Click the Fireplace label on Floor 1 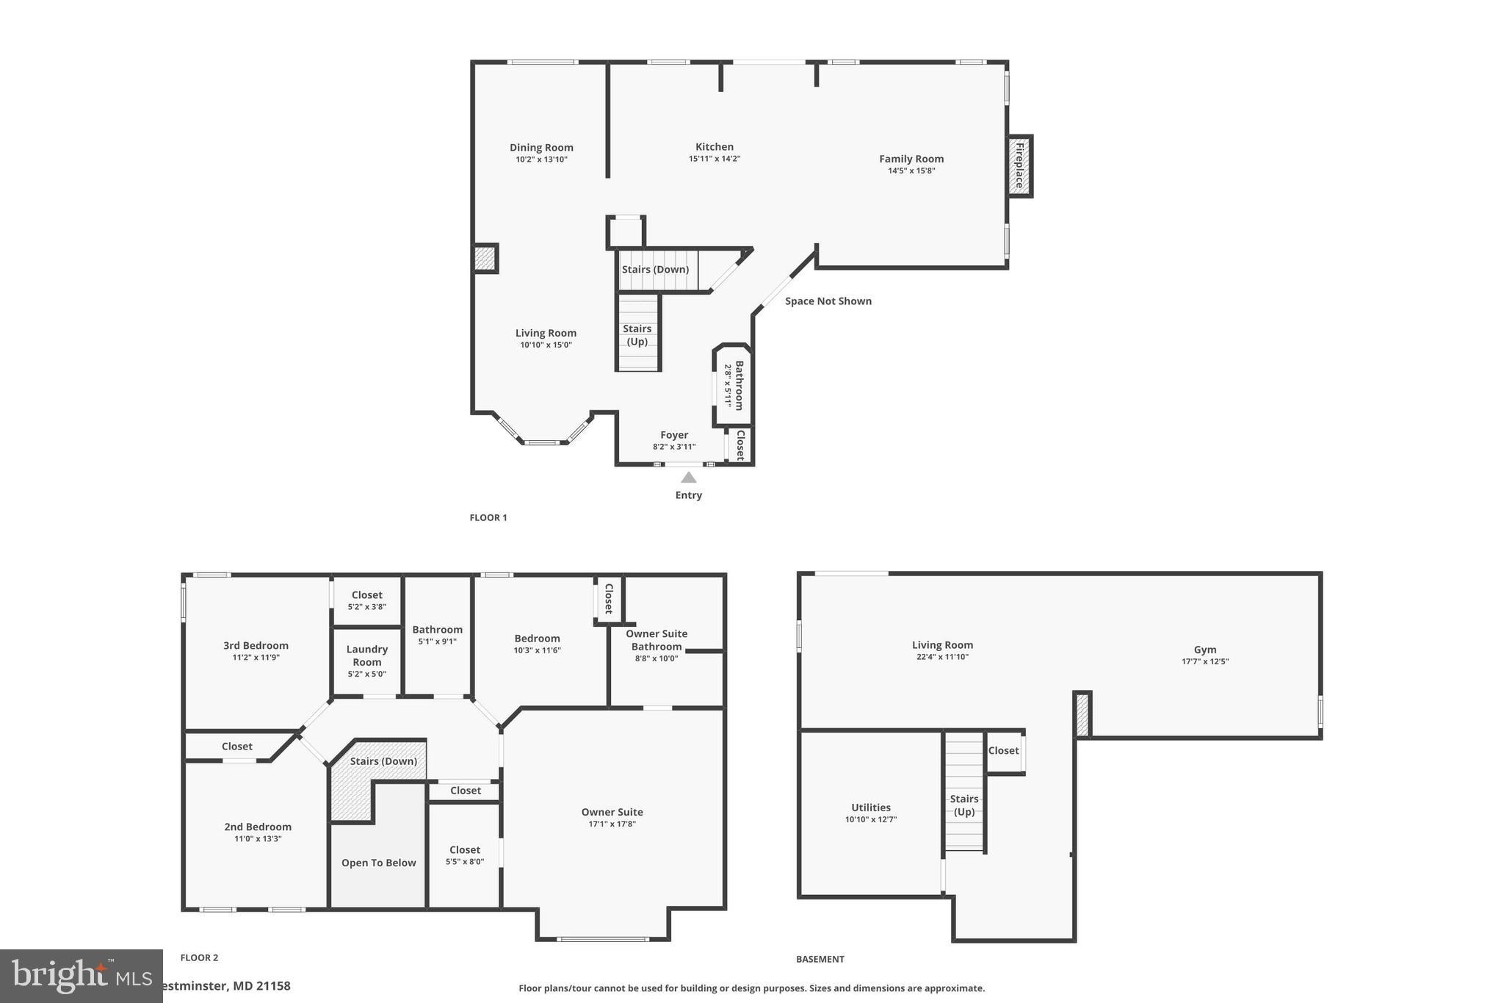(1019, 166)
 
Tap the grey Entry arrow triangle (688, 478)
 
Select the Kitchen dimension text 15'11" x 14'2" (714, 159)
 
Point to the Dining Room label (541, 148)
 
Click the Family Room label (911, 159)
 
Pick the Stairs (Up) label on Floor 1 (637, 335)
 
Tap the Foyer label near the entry (673, 435)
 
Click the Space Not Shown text (828, 301)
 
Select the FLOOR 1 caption (488, 517)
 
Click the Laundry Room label (366, 655)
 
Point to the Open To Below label (378, 863)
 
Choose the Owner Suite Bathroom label (656, 640)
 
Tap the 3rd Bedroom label (256, 646)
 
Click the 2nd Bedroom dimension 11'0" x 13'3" (258, 839)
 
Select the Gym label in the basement (1204, 650)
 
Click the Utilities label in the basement (870, 808)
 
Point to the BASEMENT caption (820, 959)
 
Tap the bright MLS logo (81, 976)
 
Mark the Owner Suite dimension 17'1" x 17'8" (612, 824)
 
